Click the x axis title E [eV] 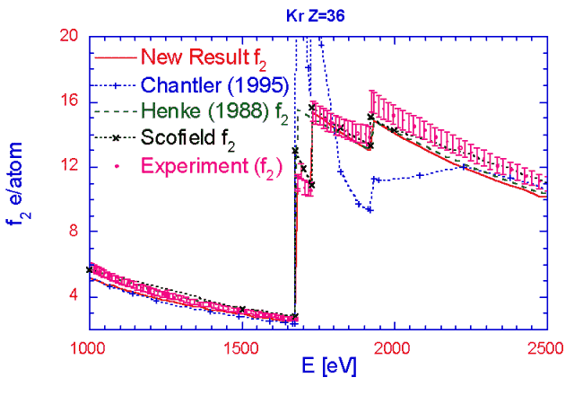pos(317,369)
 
